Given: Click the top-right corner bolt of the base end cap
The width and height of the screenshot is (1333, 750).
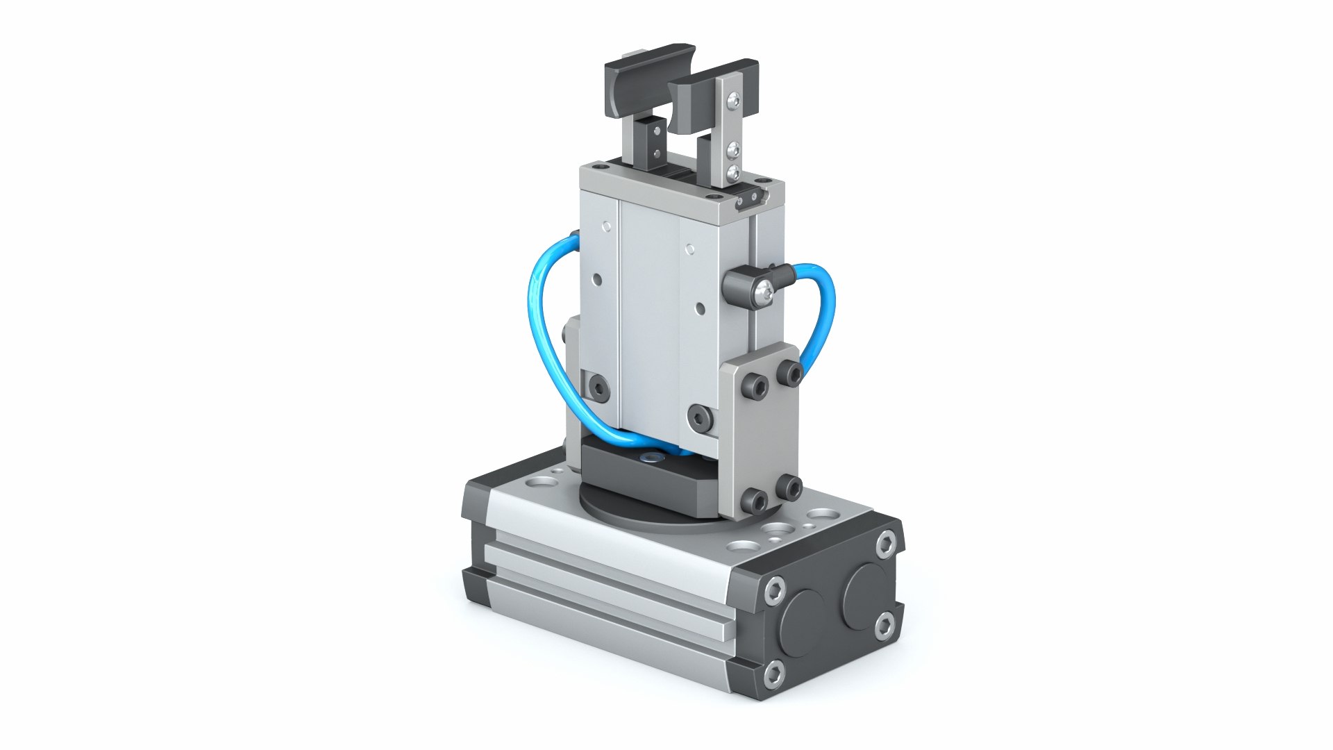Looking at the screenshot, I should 886,544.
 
